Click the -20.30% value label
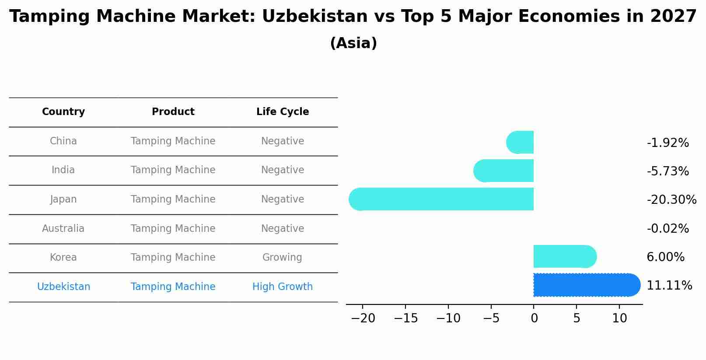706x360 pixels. point(671,200)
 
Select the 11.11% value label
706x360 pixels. point(669,286)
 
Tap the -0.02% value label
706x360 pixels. point(668,229)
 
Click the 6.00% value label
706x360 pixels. point(665,257)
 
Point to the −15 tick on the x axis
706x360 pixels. point(405,318)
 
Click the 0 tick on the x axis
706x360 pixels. point(534,318)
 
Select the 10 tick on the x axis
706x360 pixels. point(619,318)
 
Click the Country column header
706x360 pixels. point(63,112)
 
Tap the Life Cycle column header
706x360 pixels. point(283,112)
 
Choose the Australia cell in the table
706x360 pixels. point(63,228)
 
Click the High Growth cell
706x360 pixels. point(283,287)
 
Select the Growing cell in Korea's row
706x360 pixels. point(283,258)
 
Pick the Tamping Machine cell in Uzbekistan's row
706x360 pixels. point(173,287)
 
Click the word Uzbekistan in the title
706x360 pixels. point(315,17)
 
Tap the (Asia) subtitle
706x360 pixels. point(353,43)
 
